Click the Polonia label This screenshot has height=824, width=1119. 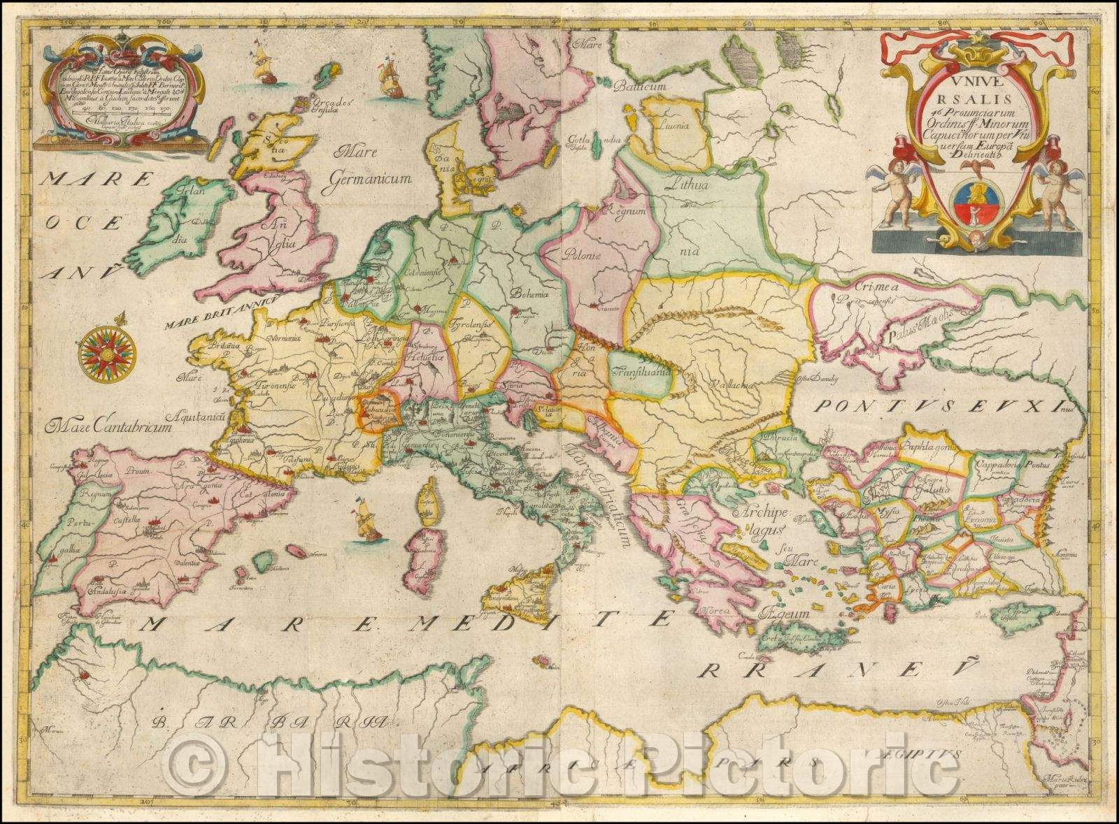coord(585,256)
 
